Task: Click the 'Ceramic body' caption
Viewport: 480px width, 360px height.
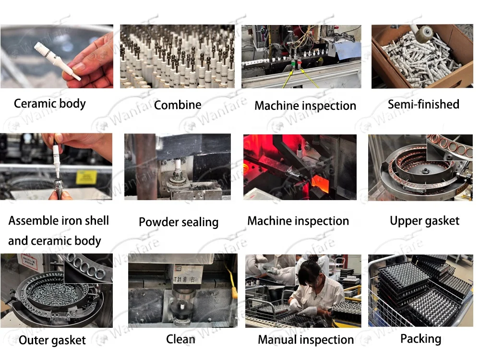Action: point(49,104)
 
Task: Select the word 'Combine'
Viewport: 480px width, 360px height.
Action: point(178,105)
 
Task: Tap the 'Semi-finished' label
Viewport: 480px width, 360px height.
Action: point(423,104)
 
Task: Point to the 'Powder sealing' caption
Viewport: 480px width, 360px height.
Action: point(179,222)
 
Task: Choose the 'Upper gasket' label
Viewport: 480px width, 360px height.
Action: point(425,221)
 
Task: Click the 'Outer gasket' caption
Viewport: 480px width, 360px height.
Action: point(52,340)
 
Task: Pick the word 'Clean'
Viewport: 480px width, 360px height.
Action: point(180,339)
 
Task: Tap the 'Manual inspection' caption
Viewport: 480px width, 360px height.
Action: point(305,340)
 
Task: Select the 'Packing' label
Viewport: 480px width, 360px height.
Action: point(420,339)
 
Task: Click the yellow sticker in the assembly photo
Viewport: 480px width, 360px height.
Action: point(86,177)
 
